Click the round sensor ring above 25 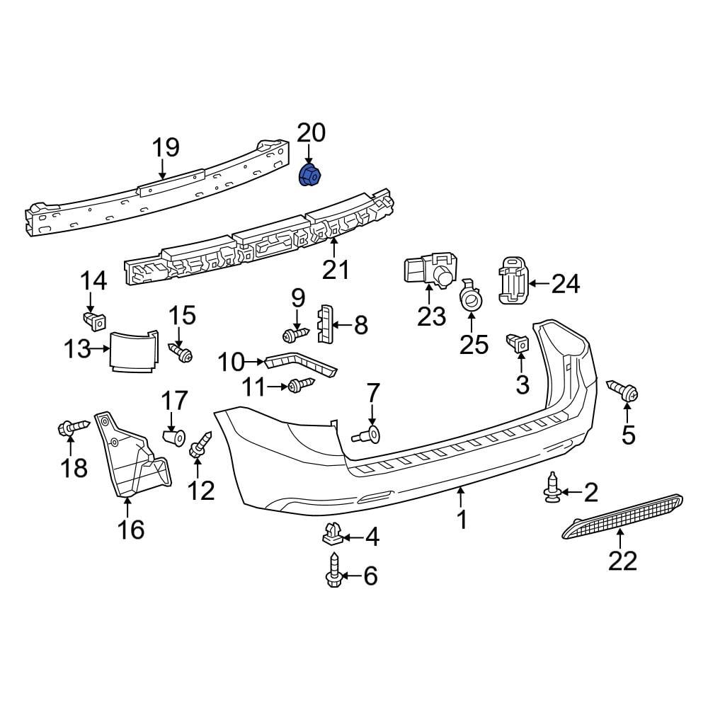(470, 299)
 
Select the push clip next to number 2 (552, 489)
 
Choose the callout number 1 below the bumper (462, 520)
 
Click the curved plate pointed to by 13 (133, 350)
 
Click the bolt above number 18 (72, 428)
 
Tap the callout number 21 (336, 270)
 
